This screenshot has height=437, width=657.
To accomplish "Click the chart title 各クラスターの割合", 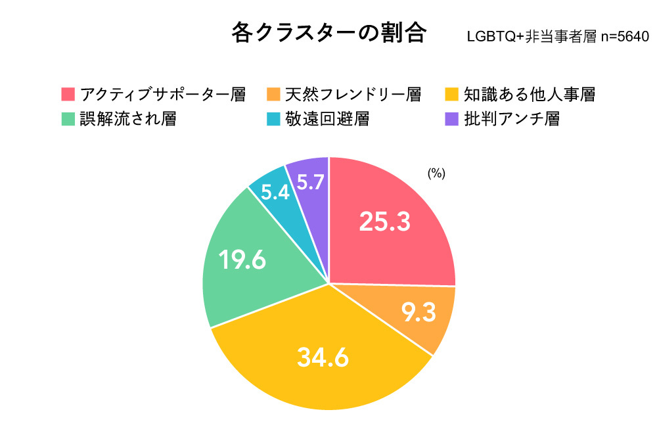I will click(x=329, y=33).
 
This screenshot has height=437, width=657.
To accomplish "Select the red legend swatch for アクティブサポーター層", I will click(x=68, y=94).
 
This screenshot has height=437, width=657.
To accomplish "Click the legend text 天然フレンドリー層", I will click(x=353, y=94).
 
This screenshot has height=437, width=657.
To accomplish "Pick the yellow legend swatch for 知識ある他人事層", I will click(x=451, y=94).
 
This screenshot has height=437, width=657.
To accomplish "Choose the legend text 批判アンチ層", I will click(x=512, y=119).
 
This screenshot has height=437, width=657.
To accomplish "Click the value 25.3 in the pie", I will click(x=384, y=222).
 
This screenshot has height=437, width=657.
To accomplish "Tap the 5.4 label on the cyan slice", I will click(x=275, y=193).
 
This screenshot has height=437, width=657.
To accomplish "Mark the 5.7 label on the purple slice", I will click(x=310, y=182).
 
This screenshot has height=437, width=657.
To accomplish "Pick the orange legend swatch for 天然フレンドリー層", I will click(x=274, y=94).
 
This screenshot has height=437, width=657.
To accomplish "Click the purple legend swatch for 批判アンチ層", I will click(x=451, y=119).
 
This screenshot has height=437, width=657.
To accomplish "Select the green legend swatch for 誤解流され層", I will click(x=68, y=119).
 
